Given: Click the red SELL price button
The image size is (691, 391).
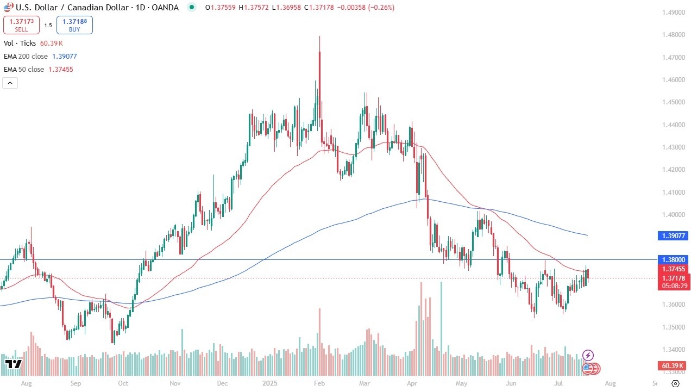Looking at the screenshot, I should tap(21, 24).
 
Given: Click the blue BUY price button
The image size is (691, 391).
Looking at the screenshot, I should tap(74, 24).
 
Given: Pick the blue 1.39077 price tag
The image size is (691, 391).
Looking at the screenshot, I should tap(674, 235).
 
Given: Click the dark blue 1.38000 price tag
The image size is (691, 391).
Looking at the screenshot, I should tap(674, 260).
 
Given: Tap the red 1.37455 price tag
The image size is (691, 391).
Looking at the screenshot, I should tap(674, 269).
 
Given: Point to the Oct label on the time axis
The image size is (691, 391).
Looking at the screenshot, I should tap(123, 383).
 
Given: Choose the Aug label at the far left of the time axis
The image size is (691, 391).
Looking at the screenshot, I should tap(25, 383).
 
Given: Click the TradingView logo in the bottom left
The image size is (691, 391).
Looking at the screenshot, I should tap(13, 364).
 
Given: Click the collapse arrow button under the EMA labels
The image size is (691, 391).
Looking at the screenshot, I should tap(10, 83).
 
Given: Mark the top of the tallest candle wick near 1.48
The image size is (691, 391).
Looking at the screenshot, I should tap(319, 36).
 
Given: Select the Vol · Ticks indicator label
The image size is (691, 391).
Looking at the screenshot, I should tap(20, 43).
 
